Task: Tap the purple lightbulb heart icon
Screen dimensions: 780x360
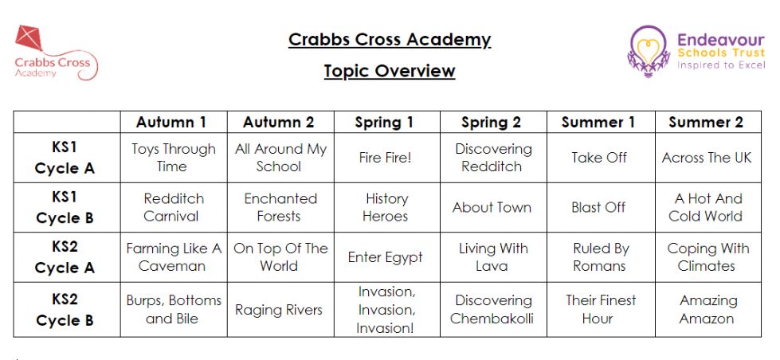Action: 648,52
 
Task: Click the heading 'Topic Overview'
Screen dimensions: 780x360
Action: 390,71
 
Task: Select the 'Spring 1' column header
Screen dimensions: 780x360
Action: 384,123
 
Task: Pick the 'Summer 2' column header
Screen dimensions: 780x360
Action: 706,123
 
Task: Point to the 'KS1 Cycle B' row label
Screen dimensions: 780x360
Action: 65,208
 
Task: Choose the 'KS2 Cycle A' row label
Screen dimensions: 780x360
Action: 65,257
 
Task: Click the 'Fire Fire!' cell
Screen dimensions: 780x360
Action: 385,158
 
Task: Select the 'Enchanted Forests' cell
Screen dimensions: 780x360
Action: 280,207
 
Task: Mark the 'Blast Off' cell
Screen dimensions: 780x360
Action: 598,207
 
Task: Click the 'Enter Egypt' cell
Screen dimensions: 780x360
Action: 385,257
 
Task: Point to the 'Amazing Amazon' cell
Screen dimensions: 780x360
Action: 707,309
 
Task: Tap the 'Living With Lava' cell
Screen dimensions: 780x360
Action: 493,257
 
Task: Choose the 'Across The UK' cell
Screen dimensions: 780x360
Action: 707,158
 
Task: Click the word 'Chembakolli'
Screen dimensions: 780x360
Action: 492,319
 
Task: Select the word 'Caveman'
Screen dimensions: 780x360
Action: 171,266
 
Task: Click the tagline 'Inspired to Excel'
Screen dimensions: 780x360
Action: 721,65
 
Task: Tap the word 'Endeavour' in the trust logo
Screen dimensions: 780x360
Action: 721,40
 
